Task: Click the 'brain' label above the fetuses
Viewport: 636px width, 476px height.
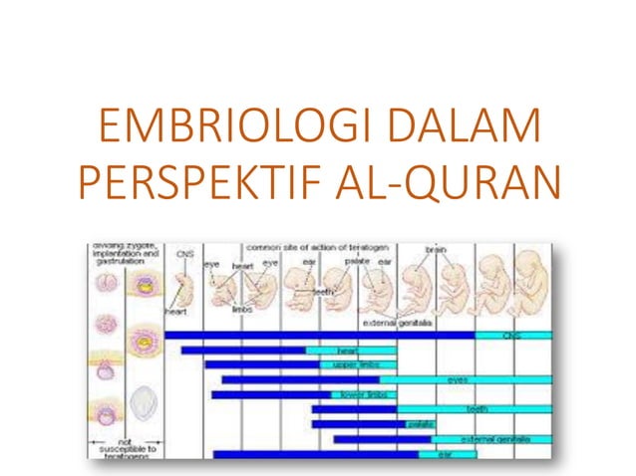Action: [437, 249]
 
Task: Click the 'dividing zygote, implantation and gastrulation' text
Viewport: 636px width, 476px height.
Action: [125, 254]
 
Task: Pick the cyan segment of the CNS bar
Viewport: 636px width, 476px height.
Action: [512, 336]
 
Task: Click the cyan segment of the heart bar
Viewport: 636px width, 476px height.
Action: [349, 351]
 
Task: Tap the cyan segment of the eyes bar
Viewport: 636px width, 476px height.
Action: [465, 379]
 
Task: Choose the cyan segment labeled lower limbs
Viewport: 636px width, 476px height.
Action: [363, 394]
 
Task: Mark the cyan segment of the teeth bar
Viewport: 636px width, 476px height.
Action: [473, 409]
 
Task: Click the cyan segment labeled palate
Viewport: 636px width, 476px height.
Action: [420, 424]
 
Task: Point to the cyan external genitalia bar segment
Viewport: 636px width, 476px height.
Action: [491, 438]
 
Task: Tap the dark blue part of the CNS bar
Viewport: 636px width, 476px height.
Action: [319, 336]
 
